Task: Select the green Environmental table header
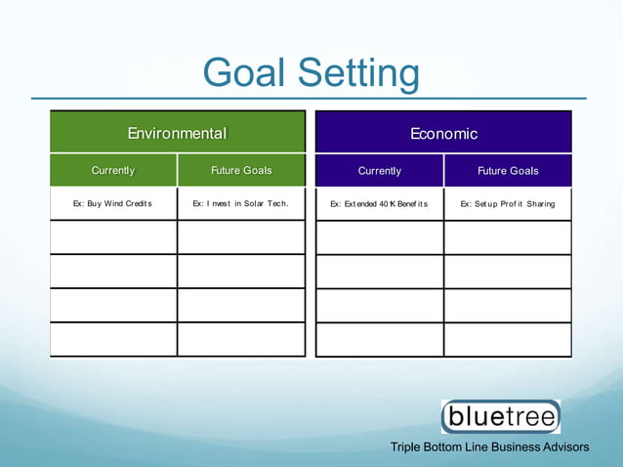(178, 133)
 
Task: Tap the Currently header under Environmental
(113, 171)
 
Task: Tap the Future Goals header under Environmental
(241, 171)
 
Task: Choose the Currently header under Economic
(379, 171)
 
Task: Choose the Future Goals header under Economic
(508, 171)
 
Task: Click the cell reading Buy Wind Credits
(113, 204)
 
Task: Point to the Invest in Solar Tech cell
(241, 204)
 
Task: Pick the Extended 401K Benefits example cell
(379, 204)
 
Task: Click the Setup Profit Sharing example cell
(508, 204)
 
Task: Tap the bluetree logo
(501, 417)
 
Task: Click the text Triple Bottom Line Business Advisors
(489, 447)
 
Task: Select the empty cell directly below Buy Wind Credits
(113, 237)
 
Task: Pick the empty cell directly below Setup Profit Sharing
(508, 237)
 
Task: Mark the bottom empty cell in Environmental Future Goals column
(241, 339)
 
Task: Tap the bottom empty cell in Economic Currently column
(379, 339)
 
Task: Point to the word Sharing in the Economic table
(540, 204)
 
